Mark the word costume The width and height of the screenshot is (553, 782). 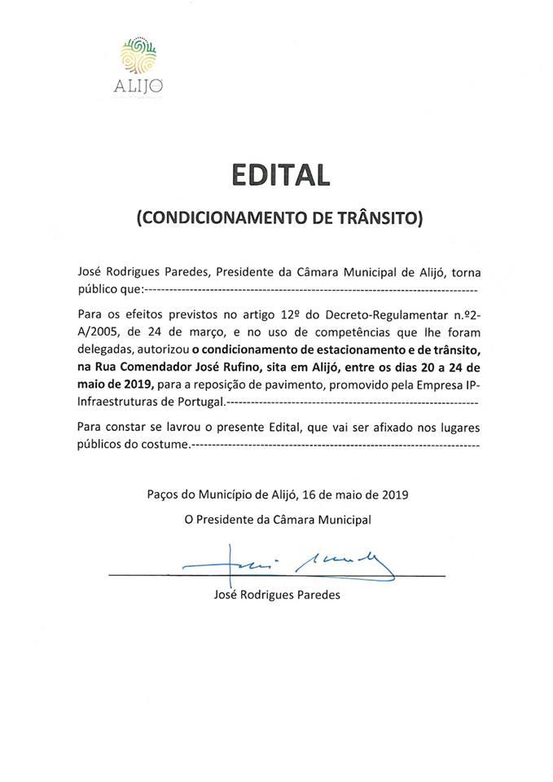click(x=165, y=445)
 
